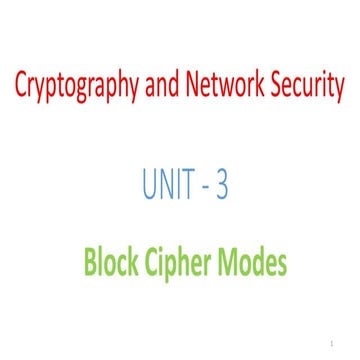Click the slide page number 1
coord(340,342)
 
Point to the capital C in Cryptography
coord(21,88)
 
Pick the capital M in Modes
coord(233,264)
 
